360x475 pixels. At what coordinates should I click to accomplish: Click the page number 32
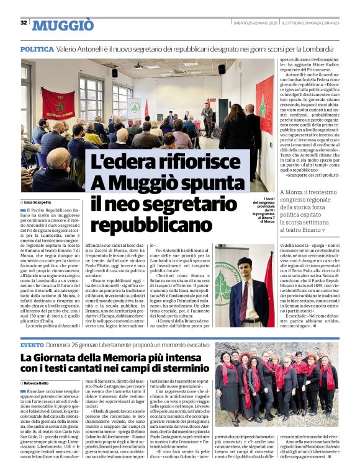[x=24, y=23]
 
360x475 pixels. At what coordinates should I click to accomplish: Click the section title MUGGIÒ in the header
[x=63, y=25]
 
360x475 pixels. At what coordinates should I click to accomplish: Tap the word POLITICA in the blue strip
[x=37, y=48]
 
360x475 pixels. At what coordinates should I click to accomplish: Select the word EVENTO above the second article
[x=32, y=344]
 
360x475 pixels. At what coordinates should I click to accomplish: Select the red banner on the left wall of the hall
[x=57, y=104]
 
